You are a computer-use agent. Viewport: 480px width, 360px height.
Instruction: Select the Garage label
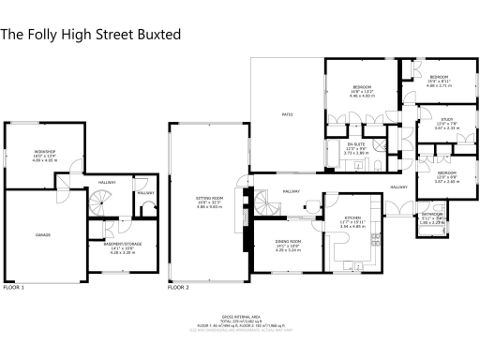click(43, 234)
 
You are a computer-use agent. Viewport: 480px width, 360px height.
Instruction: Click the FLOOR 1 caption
click(13, 287)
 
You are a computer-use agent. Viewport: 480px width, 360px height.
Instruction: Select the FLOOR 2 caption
click(178, 287)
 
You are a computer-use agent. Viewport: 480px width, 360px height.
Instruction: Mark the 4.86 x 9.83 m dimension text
click(207, 208)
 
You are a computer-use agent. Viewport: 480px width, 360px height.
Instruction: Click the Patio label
click(288, 115)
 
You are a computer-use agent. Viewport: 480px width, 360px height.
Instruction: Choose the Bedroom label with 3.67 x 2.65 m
click(446, 172)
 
